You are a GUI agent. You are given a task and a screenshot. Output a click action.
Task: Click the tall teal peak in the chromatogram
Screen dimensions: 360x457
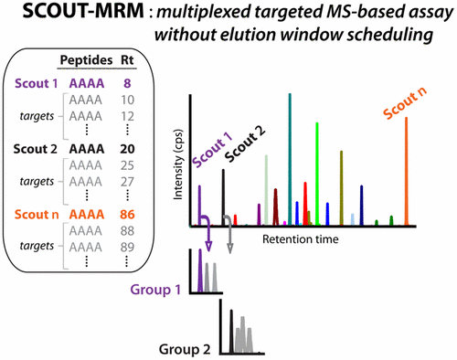pyautogui.click(x=291, y=155)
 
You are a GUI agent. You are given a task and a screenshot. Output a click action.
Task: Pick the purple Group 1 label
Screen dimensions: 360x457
pyautogui.click(x=161, y=290)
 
